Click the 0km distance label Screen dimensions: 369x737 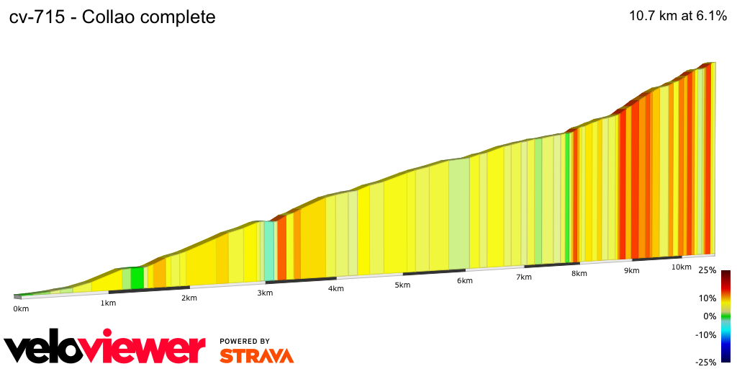[x=21, y=309]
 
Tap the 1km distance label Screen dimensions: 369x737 [x=108, y=303]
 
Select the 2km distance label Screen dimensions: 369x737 [x=189, y=298]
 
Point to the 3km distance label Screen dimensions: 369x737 [x=265, y=293]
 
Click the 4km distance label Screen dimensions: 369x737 [x=335, y=288]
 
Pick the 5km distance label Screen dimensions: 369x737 [x=402, y=285]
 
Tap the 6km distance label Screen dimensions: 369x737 [x=464, y=280]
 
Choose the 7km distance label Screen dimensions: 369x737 [x=523, y=277]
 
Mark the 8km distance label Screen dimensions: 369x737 [x=579, y=273]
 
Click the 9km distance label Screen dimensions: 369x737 [x=632, y=270]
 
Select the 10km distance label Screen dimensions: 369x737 [x=682, y=267]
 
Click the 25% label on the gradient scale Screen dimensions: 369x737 [x=707, y=271]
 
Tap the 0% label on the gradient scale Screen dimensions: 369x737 [x=710, y=316]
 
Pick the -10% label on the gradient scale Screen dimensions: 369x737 [x=705, y=334]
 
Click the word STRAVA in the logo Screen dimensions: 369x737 [x=256, y=355]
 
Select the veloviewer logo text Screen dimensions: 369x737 [x=105, y=348]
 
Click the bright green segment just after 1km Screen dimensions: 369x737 [x=137, y=278]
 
